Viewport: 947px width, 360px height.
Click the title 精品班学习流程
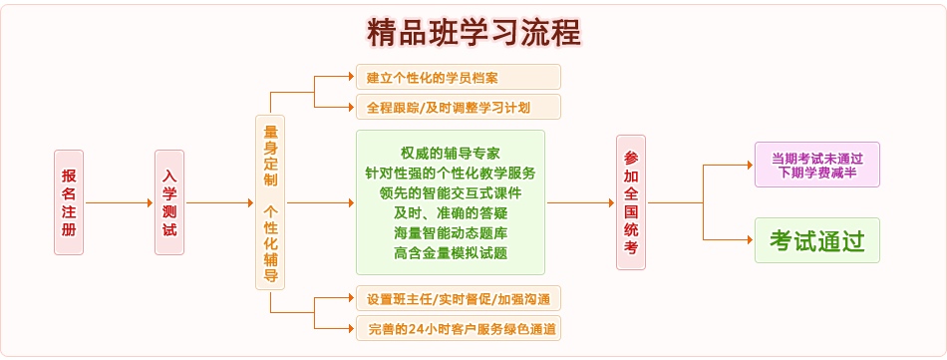[x=473, y=32]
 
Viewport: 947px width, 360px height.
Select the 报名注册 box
[x=68, y=201]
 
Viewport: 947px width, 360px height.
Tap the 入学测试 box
[x=169, y=201]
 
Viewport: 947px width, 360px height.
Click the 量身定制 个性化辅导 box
[x=270, y=201]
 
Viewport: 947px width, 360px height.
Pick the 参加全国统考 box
[x=630, y=201]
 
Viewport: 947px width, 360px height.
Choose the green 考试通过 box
[x=816, y=240]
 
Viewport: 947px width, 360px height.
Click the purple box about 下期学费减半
[x=816, y=165]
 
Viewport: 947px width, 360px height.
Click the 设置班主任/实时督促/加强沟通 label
[x=459, y=297]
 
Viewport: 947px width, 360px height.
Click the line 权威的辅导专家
[x=451, y=153]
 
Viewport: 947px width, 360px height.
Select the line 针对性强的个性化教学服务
[x=451, y=173]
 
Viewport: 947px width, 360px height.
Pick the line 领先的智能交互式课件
[x=451, y=192]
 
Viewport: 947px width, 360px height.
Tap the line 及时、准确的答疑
[x=451, y=212]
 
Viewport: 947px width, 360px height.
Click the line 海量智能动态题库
[x=451, y=232]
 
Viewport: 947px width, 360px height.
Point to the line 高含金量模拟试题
[x=451, y=253]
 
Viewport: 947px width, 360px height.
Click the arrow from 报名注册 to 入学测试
[x=119, y=202]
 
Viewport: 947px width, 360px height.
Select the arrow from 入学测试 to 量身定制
[x=219, y=202]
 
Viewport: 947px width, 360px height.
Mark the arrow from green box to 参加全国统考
[x=580, y=202]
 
